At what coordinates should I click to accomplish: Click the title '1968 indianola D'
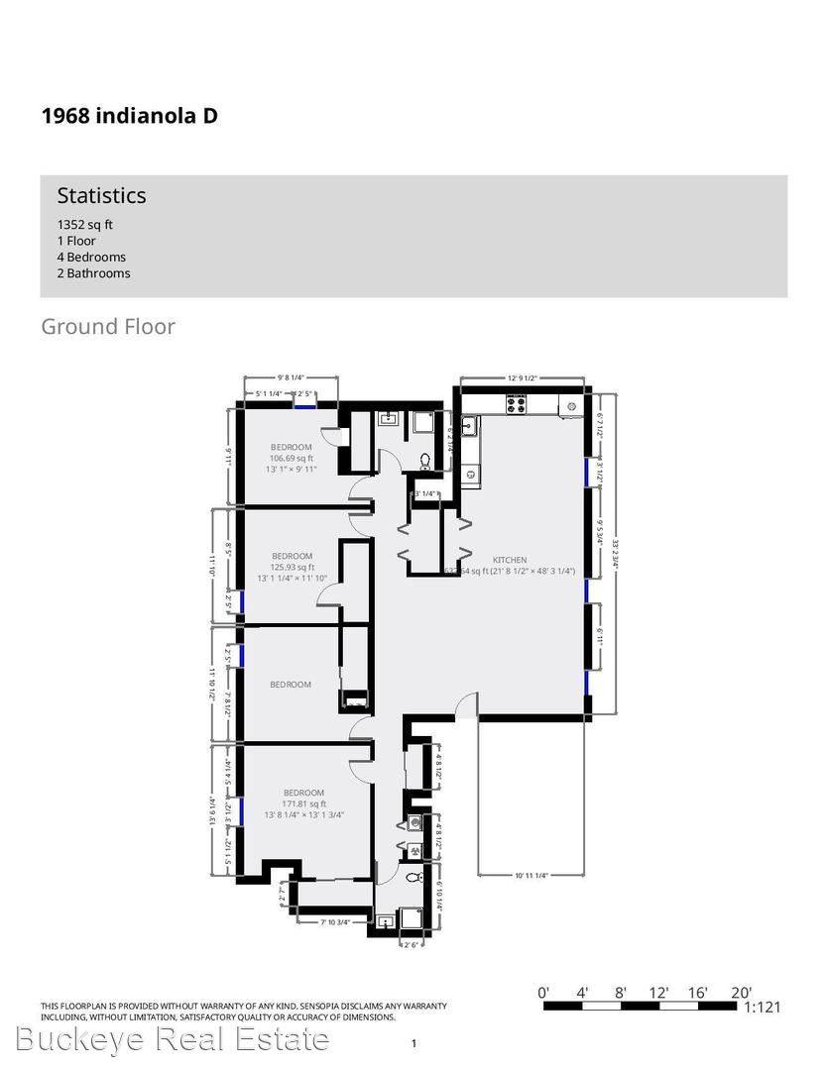tap(129, 116)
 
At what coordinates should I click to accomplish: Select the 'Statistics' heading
tap(101, 195)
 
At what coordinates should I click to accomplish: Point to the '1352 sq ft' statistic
tap(84, 225)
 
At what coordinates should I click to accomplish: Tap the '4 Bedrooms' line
tap(91, 257)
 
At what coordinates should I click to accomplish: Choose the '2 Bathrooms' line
tap(93, 273)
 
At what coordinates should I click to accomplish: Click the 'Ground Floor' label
tap(108, 326)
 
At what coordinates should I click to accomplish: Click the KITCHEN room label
tap(510, 560)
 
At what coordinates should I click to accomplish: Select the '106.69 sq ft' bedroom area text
tap(292, 459)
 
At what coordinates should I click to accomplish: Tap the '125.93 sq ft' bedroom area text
tap(292, 567)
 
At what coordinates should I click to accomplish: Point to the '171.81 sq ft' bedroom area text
tap(302, 803)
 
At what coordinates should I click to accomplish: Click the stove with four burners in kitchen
tap(517, 403)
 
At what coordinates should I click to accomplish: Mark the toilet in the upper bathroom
tap(425, 461)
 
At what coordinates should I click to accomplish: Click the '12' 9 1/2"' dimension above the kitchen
tap(522, 377)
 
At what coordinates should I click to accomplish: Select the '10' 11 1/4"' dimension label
tap(531, 876)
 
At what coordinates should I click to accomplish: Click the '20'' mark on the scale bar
tap(741, 992)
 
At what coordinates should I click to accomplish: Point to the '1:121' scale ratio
tap(763, 1008)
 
